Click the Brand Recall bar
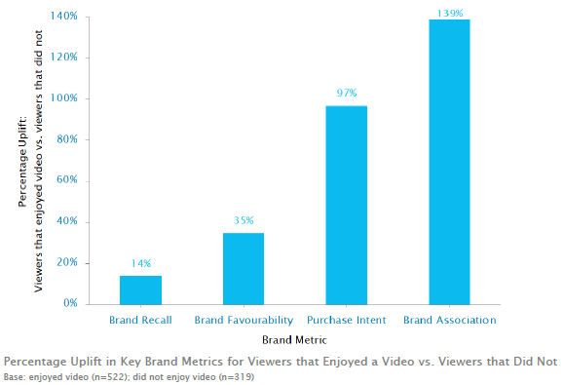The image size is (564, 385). [x=140, y=289]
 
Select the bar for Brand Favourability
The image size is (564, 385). [x=243, y=268]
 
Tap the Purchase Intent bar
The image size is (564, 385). [x=346, y=205]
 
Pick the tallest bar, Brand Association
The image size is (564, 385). [x=449, y=162]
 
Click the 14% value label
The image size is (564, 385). [x=140, y=264]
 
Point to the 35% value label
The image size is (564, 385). [x=243, y=221]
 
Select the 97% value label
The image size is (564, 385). [x=346, y=94]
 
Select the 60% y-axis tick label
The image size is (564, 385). [x=69, y=180]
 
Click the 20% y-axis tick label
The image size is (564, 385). [x=69, y=262]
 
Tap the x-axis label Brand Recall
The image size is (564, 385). [x=140, y=320]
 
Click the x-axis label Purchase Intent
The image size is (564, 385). [x=346, y=320]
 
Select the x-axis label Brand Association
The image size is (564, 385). [x=449, y=320]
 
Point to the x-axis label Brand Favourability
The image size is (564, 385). [x=243, y=320]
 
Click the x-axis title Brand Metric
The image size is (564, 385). [x=293, y=340]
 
